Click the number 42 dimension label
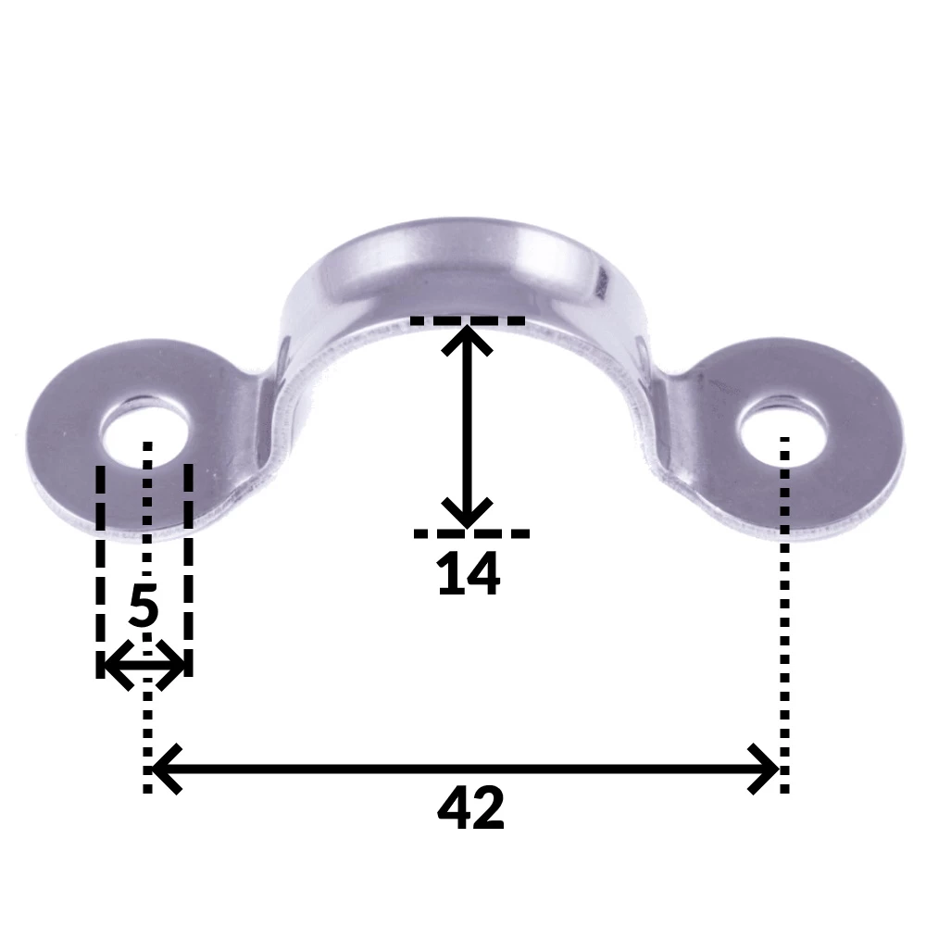tap(470, 808)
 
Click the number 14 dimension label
tap(469, 574)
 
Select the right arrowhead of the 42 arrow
tap(765, 769)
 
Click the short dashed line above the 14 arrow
tap(467, 321)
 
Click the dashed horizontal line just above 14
tap(470, 533)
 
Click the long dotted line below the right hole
tap(784, 648)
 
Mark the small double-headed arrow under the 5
tap(144, 665)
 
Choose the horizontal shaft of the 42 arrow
tap(463, 769)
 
